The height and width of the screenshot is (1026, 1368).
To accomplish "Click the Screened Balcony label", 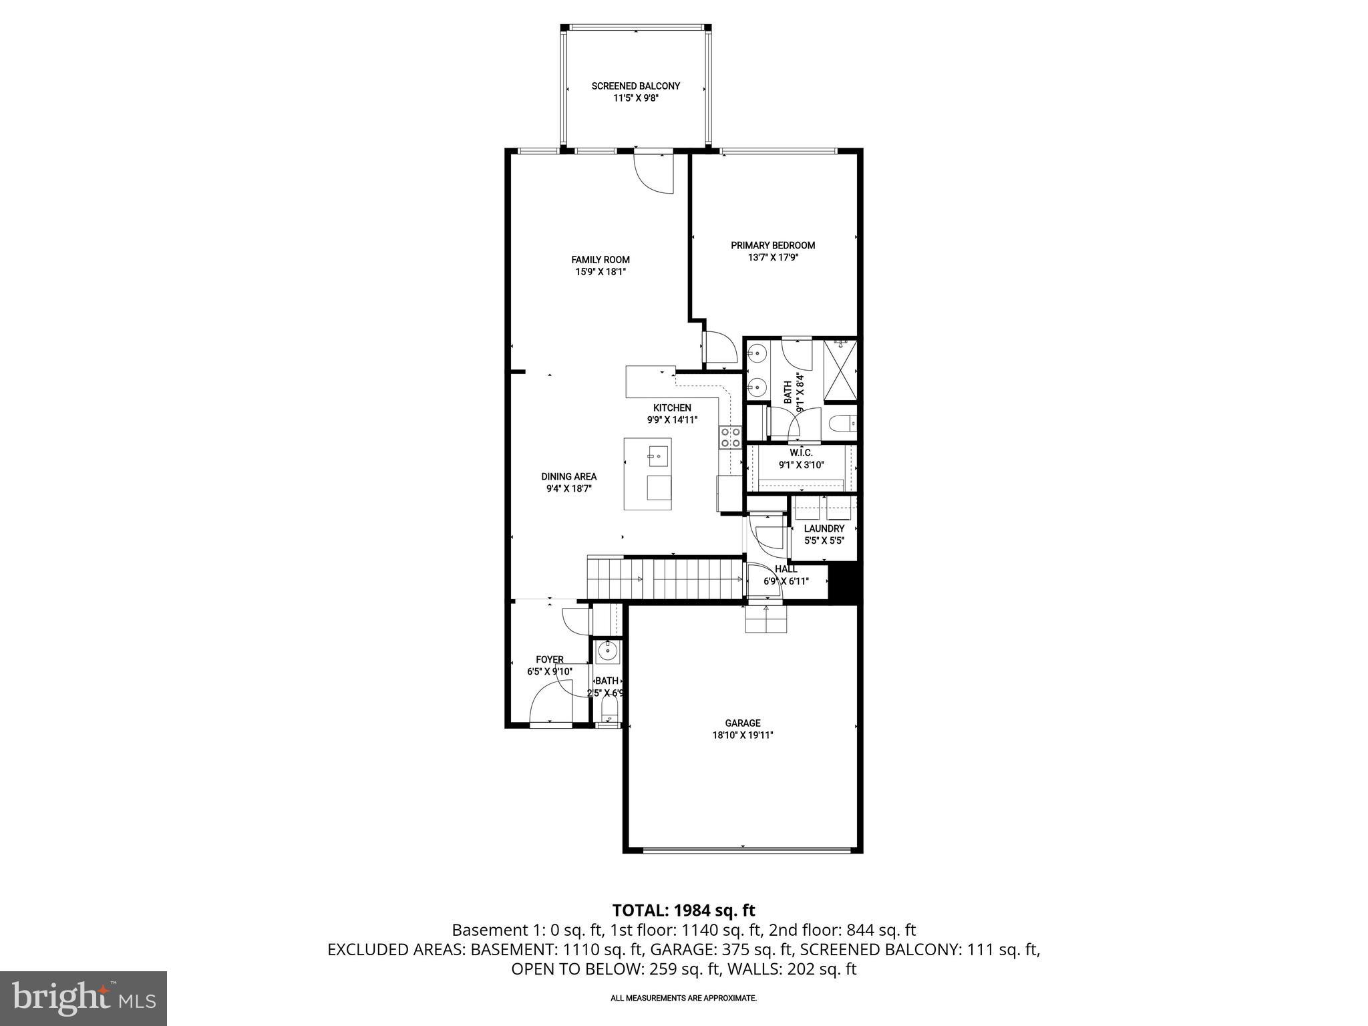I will (635, 86).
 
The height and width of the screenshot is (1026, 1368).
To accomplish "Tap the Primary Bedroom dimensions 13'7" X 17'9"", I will (772, 257).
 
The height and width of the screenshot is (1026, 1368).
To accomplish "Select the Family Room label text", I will (600, 260).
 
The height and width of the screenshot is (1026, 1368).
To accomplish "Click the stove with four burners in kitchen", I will (730, 437).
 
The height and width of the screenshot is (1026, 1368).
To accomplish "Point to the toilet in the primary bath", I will (842, 423).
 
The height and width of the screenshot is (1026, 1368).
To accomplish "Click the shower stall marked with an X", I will (840, 371).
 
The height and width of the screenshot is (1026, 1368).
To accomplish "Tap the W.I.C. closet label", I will (801, 453).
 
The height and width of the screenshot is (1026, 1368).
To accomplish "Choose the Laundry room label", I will (824, 528).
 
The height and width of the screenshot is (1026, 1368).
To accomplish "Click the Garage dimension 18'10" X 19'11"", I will (742, 735).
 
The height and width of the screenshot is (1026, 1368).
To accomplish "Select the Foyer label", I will (549, 659).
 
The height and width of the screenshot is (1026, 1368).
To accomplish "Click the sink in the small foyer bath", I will (608, 650).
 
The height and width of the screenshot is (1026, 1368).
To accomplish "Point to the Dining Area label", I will (568, 476).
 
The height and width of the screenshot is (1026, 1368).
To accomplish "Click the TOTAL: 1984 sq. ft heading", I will (683, 910).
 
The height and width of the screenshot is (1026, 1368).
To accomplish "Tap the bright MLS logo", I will (83, 998).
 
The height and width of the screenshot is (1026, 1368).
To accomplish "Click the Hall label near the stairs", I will (786, 569).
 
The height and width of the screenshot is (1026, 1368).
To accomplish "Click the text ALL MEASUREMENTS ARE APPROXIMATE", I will (683, 998).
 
